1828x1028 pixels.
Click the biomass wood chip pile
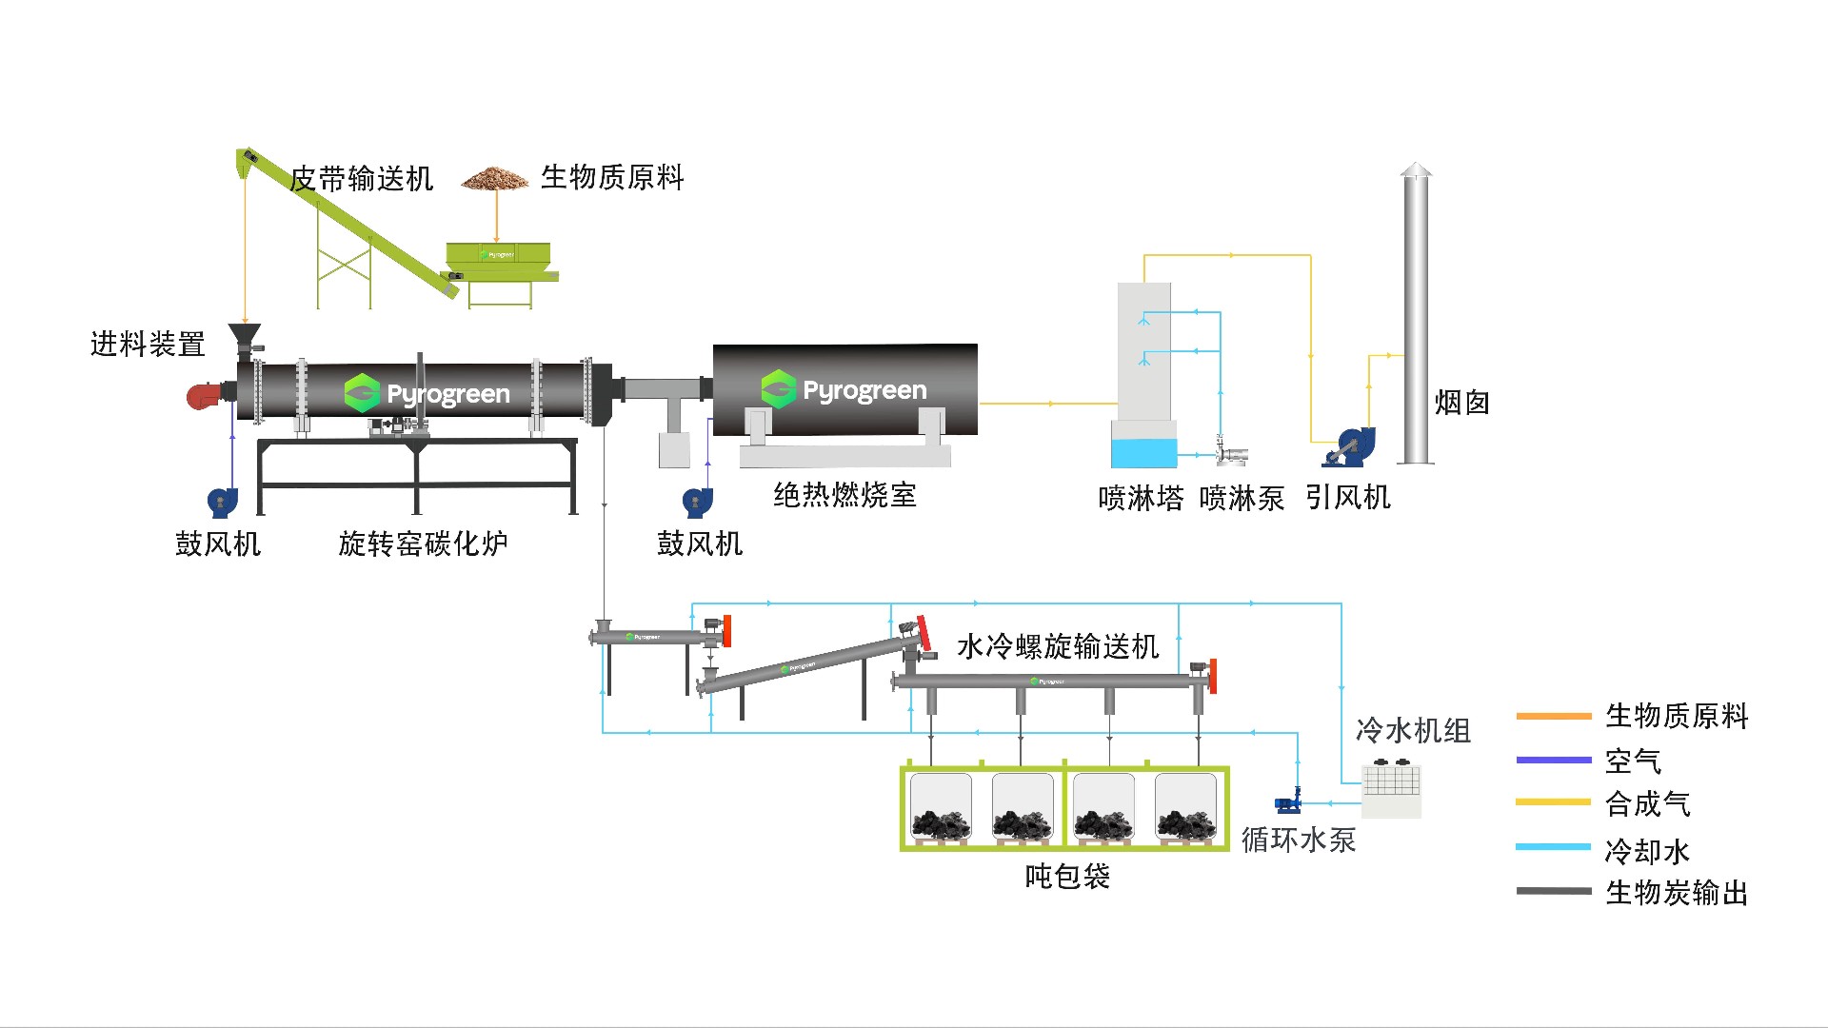[495, 179]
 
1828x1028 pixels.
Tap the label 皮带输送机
[362, 179]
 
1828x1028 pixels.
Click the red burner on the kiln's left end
[204, 395]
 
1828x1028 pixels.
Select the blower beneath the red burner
[222, 502]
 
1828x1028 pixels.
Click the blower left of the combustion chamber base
[697, 502]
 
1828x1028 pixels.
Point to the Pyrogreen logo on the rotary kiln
[427, 393]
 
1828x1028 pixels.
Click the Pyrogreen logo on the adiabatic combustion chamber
[844, 389]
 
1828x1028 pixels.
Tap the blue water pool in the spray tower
[1143, 452]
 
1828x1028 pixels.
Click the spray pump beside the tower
[1229, 453]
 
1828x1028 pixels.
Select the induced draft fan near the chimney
[1348, 447]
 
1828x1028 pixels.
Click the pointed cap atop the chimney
[1416, 170]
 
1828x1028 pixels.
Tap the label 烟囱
[1461, 403]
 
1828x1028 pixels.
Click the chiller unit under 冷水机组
[1391, 788]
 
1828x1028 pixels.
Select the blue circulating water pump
[1288, 801]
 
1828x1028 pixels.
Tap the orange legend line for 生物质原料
[1553, 716]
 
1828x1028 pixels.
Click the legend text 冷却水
[1647, 850]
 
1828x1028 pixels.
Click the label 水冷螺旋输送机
[1057, 647]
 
